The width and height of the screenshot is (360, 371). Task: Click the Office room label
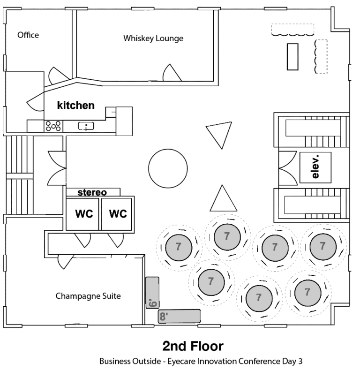[x=28, y=35]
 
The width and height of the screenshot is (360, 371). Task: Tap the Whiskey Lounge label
[x=153, y=38]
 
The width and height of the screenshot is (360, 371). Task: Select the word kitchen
[x=76, y=105]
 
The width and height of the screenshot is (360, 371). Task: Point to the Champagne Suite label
[x=88, y=296]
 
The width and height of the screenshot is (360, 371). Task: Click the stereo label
[x=92, y=192]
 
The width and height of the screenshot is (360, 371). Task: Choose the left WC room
[x=82, y=214]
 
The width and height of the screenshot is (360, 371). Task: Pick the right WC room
[x=117, y=214]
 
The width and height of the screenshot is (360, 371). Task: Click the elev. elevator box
[x=315, y=167]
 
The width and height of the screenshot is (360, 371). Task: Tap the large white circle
[x=168, y=168]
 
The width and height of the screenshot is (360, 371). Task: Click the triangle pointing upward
[x=223, y=200]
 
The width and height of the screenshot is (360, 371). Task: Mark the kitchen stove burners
[x=53, y=126]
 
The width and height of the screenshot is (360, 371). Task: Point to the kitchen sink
[x=86, y=126]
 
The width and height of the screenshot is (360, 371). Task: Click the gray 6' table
[x=152, y=293]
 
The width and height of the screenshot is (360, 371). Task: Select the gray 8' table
[x=179, y=316]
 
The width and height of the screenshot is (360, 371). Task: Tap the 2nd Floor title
[x=193, y=346]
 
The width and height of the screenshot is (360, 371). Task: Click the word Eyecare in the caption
[x=182, y=362]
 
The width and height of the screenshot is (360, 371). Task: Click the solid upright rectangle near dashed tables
[x=292, y=57]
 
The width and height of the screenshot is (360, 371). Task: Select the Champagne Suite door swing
[x=65, y=262]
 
